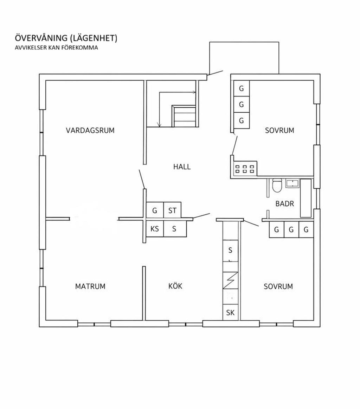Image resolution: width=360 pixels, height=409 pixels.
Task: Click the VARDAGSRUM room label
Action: [90, 130]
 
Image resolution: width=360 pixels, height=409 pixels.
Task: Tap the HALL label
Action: [182, 167]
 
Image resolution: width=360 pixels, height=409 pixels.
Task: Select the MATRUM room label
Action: [90, 287]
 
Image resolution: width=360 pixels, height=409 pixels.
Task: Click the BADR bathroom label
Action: [285, 203]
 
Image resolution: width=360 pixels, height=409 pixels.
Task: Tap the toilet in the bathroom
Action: [277, 185]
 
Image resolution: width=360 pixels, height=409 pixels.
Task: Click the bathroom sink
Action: [293, 183]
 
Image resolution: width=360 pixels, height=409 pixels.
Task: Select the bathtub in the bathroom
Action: [306, 198]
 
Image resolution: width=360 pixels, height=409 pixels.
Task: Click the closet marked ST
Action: [172, 210]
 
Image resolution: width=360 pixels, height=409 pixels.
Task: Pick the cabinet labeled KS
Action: [155, 229]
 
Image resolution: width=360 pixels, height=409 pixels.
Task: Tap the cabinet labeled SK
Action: [230, 312]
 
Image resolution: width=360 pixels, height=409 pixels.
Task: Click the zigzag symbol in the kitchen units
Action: [231, 281]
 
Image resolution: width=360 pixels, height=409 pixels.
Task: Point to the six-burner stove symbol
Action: [244, 169]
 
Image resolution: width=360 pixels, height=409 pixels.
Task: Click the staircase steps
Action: [184, 116]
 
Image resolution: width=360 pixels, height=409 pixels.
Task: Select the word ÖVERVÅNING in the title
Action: [41, 38]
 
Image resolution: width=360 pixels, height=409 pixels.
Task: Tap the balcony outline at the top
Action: [244, 42]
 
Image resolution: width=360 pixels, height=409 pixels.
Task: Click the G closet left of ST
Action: [155, 210]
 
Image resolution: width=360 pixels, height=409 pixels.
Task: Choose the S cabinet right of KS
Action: [174, 229]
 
